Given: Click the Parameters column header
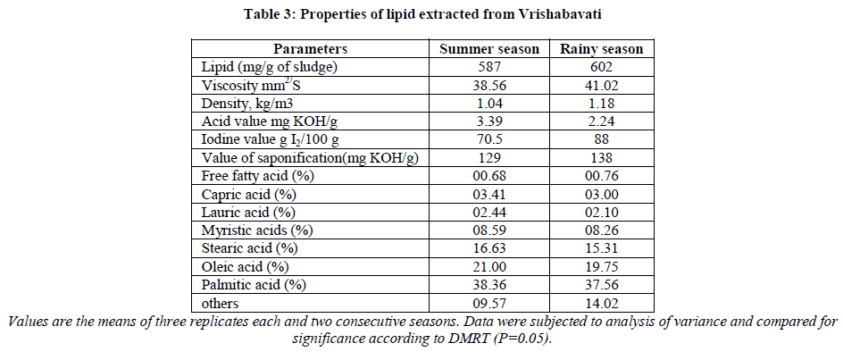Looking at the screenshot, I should click(x=311, y=49).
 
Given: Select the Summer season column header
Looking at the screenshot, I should click(x=487, y=49).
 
